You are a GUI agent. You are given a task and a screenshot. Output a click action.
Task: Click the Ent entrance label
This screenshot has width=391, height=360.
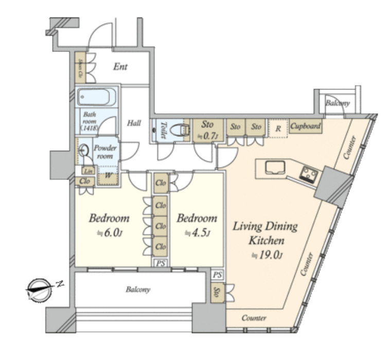(120, 67)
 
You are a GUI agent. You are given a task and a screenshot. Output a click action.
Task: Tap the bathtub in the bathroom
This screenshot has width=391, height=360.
(97, 97)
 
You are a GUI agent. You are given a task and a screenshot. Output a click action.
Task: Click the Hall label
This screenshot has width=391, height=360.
(134, 123)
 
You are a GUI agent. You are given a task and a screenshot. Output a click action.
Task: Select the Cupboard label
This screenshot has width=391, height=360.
(306, 126)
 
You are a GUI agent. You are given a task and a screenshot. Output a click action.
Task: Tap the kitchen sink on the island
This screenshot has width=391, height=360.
(272, 167)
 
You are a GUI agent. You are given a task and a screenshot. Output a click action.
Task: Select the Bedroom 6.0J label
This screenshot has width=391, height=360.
(109, 224)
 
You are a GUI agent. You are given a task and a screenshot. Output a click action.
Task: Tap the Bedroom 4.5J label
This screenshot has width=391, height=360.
(197, 224)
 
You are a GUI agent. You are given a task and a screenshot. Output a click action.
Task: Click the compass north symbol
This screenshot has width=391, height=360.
(37, 289)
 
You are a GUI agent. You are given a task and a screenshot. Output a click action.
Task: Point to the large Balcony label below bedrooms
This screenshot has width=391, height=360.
(138, 290)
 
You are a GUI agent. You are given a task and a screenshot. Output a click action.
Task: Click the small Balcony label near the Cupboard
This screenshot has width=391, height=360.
(337, 103)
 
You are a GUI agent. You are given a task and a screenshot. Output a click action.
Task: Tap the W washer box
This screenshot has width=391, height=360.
(109, 175)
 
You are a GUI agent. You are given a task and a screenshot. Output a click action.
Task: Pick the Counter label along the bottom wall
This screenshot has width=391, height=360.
(254, 318)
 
